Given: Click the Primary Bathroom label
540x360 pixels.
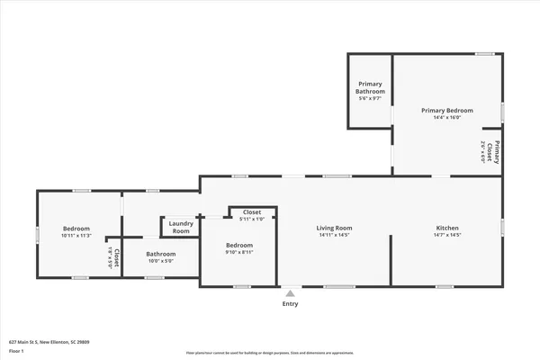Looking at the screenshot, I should point(369,88).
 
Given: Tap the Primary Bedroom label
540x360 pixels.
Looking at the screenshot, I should point(447,110).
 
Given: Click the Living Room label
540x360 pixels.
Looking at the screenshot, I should point(334,228).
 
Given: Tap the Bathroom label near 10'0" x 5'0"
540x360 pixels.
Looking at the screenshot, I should point(161,254).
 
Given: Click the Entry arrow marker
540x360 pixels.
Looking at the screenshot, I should point(290,292).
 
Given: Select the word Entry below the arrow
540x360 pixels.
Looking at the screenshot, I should point(290,303).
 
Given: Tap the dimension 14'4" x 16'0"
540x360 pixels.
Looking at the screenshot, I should point(447,117).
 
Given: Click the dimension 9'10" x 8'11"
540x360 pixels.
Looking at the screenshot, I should point(238,253).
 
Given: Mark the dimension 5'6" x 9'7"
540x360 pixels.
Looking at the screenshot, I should point(369,99).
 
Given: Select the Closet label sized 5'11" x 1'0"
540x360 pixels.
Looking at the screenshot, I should point(252,212).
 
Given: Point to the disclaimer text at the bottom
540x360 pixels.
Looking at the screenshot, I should point(270,354).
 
